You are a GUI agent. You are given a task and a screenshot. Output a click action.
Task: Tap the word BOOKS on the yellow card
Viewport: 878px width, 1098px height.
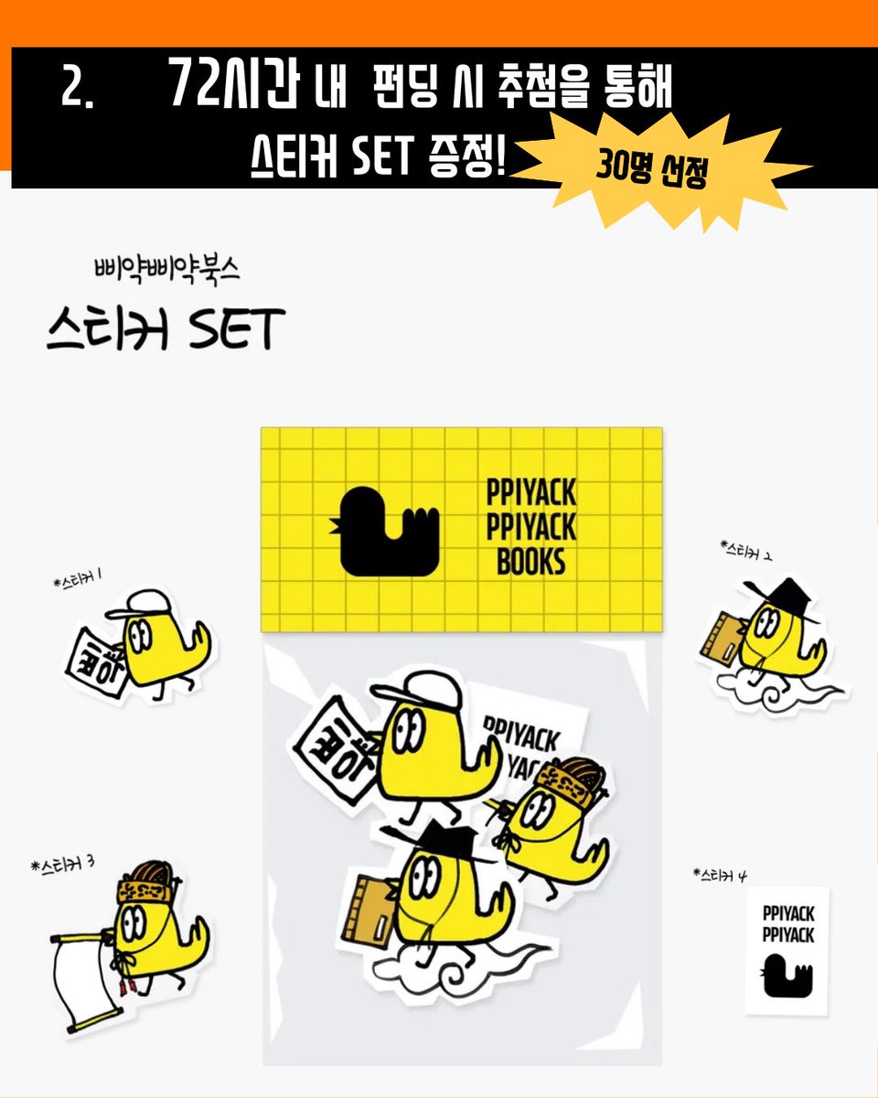[x=531, y=561]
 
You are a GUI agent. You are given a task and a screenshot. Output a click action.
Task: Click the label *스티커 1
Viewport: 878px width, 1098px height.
[x=77, y=578]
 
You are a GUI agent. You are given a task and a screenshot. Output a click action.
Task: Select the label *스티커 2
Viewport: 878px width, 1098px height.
[x=747, y=552]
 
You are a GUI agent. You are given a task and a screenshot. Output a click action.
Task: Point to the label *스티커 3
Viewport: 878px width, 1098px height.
[x=63, y=865]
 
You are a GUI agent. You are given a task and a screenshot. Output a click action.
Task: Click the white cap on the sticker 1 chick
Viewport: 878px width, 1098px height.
[x=138, y=603]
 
